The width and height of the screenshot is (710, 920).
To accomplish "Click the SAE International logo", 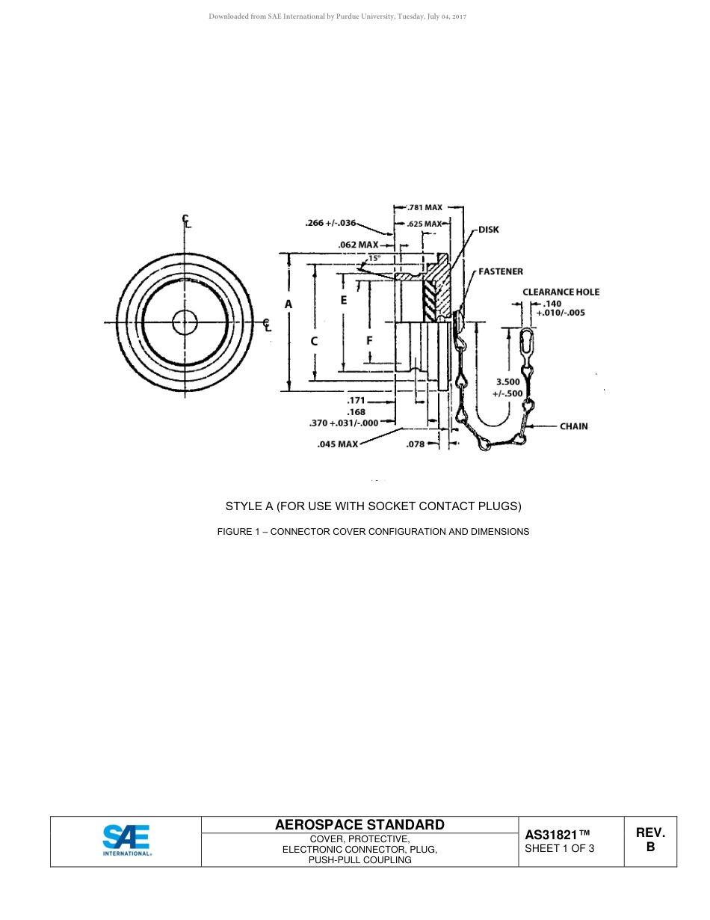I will point(126,840).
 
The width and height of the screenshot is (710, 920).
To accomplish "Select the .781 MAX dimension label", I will point(424,207).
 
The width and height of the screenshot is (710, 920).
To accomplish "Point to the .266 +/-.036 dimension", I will point(330,222).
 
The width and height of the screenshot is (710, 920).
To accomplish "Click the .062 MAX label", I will point(358,245).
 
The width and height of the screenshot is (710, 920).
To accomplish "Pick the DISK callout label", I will point(488,230).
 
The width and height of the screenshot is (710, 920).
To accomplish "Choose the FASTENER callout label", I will point(501,272).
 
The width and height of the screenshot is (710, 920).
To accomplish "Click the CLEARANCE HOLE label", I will point(561,292).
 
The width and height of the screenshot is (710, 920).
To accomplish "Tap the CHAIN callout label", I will point(574,426).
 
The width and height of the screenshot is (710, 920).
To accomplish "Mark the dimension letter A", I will point(288,304).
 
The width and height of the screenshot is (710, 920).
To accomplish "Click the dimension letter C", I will point(315,340).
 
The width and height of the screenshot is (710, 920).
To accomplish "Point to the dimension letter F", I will point(369,340).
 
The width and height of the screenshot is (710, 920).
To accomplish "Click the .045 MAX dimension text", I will point(338,444).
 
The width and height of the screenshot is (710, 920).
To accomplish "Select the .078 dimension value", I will point(415,444).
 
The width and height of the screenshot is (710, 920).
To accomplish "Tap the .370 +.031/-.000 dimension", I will point(344,423).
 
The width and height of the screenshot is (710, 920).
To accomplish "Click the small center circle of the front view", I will point(185,322).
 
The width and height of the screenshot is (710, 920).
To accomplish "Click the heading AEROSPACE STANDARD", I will point(359,824).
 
